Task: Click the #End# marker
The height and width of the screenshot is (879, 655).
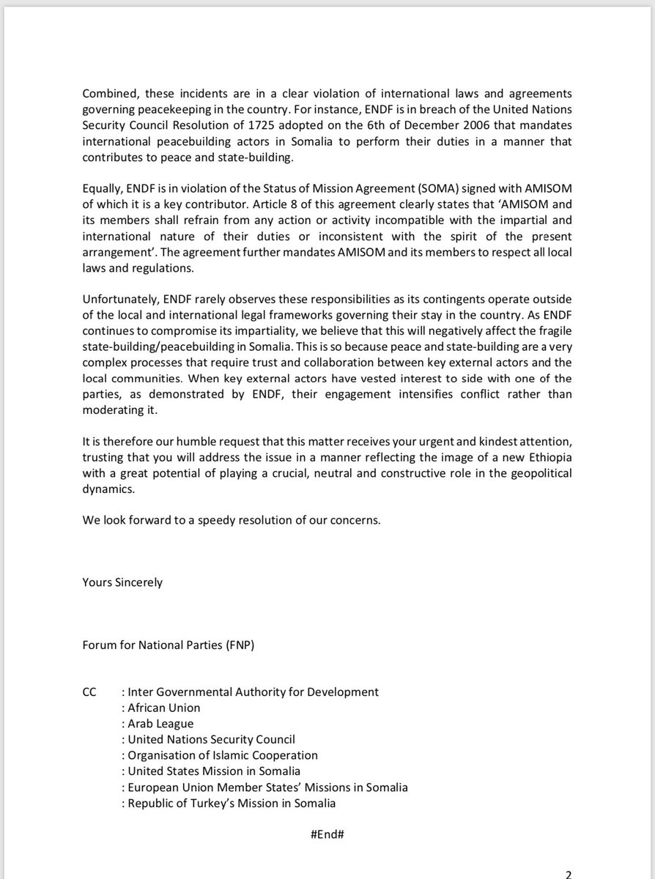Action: pos(327,836)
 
